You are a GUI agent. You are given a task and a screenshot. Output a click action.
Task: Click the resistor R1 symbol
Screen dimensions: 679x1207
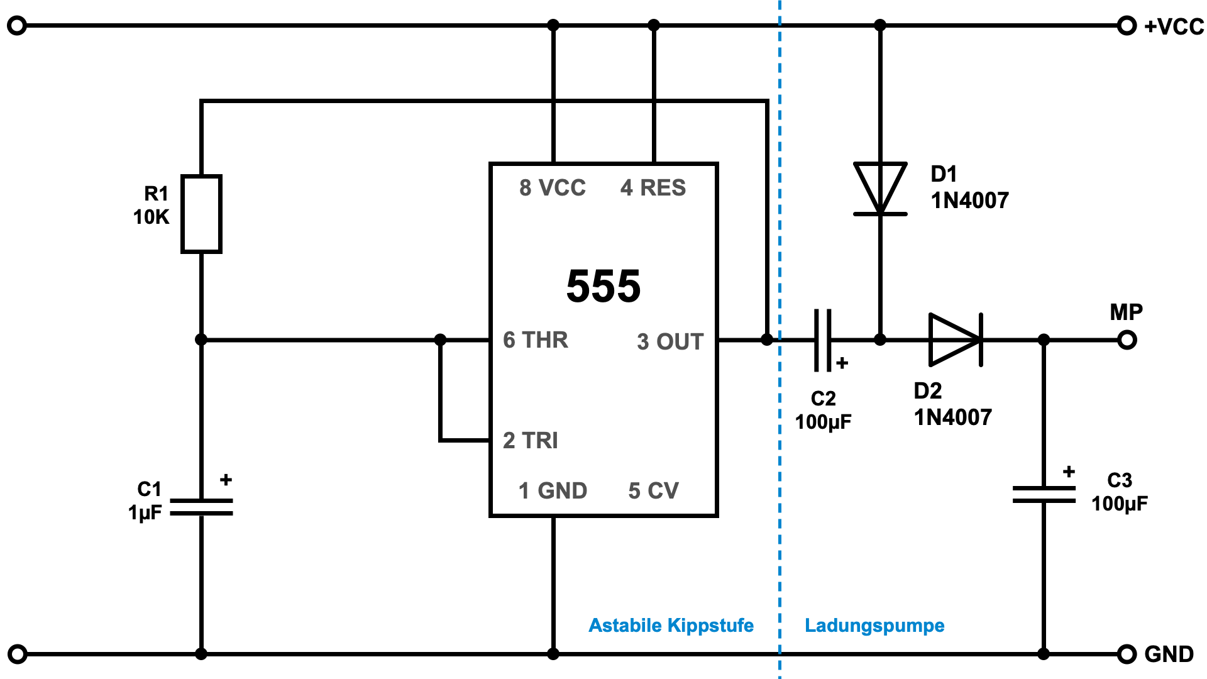tap(201, 214)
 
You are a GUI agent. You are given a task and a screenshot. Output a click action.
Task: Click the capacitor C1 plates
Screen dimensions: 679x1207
tap(201, 507)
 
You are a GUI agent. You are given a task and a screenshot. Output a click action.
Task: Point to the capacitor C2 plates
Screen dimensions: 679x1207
tap(823, 339)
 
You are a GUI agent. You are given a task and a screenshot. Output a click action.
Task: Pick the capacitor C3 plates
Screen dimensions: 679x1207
tap(1044, 494)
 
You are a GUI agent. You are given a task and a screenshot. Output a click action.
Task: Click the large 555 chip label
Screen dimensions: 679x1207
tap(603, 286)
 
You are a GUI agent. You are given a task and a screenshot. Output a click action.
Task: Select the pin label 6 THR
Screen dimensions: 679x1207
tap(536, 340)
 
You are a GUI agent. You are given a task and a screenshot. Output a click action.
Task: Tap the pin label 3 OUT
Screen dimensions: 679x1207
tap(670, 341)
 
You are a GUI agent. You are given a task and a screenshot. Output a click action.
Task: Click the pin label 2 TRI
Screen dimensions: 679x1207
tap(531, 440)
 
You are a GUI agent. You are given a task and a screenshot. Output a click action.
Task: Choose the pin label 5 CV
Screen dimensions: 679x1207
tap(654, 490)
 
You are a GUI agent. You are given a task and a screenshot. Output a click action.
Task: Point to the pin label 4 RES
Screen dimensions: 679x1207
tap(653, 187)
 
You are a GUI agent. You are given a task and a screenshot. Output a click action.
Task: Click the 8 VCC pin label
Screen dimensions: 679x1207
tap(553, 187)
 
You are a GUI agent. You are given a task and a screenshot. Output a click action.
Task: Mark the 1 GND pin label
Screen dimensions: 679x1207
tap(553, 490)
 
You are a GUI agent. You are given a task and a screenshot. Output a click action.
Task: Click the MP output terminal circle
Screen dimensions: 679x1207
tap(1127, 340)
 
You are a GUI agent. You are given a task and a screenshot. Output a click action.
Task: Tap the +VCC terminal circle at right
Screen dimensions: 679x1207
tap(1127, 26)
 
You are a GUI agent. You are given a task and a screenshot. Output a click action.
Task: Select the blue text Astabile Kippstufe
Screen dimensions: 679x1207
tap(671, 626)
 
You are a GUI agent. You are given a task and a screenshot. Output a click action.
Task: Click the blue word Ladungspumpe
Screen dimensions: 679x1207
tap(874, 626)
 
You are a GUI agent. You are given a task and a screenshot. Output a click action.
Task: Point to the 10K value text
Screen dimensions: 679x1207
tap(151, 217)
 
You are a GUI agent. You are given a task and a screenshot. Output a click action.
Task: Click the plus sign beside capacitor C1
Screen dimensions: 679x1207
tap(226, 480)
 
